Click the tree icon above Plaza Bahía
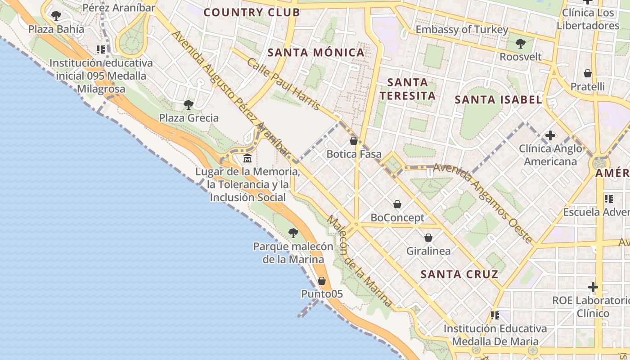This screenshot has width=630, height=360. [56, 16]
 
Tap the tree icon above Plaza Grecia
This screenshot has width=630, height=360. [189, 105]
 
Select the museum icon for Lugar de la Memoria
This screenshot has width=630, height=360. [247, 158]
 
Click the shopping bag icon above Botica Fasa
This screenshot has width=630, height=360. [354, 141]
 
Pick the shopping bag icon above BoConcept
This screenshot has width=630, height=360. [397, 205]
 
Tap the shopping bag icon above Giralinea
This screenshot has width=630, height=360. [428, 237]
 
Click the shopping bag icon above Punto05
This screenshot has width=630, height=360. [322, 281]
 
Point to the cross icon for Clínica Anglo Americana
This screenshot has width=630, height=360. [550, 135]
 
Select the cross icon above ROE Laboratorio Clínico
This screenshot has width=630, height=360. [593, 287]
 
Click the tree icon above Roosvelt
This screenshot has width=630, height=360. [521, 44]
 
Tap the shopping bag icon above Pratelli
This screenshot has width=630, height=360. [587, 73]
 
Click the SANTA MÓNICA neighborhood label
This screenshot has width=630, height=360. [316, 53]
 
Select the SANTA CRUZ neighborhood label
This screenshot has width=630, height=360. [459, 274]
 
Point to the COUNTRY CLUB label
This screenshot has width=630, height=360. [252, 12]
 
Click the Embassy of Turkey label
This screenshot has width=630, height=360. [462, 30]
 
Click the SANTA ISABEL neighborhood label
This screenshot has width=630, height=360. [498, 99]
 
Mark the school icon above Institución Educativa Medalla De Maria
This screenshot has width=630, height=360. [495, 315]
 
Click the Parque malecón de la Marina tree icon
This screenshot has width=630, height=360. [293, 233]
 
